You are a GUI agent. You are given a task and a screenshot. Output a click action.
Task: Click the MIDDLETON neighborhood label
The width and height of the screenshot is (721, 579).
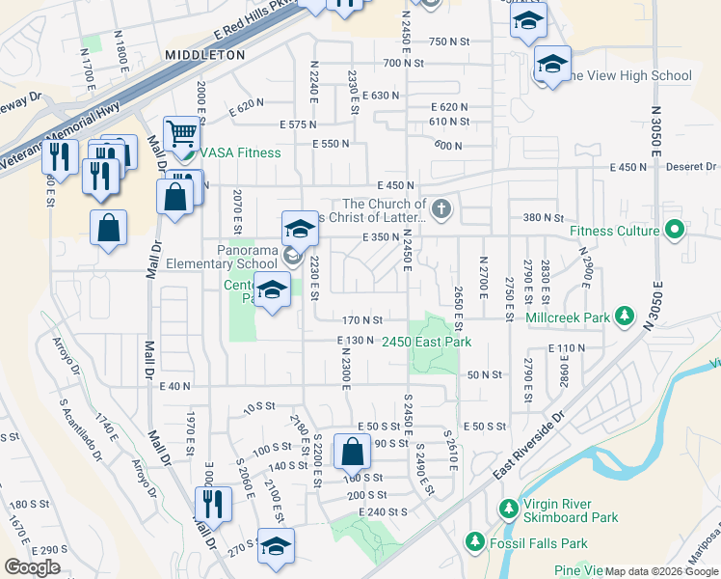(x=204, y=56)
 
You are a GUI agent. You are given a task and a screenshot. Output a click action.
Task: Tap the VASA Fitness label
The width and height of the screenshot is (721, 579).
(x=240, y=153)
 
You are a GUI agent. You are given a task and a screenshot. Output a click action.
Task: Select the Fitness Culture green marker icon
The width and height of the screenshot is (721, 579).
(x=675, y=231)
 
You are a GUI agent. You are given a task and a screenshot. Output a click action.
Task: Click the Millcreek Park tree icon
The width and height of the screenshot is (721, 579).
(x=625, y=317)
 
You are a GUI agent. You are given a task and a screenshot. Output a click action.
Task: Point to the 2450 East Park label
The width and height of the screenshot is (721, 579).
(x=426, y=342)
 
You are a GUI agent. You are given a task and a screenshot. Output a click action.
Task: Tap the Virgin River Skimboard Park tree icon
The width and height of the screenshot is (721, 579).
(x=508, y=508)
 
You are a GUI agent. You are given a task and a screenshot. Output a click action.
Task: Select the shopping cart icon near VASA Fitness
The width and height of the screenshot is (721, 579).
(x=180, y=132)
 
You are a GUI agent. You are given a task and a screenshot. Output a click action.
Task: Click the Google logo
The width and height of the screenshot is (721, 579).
(x=32, y=567)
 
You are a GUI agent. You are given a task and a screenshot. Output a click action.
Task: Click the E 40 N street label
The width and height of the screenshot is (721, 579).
(x=174, y=386)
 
